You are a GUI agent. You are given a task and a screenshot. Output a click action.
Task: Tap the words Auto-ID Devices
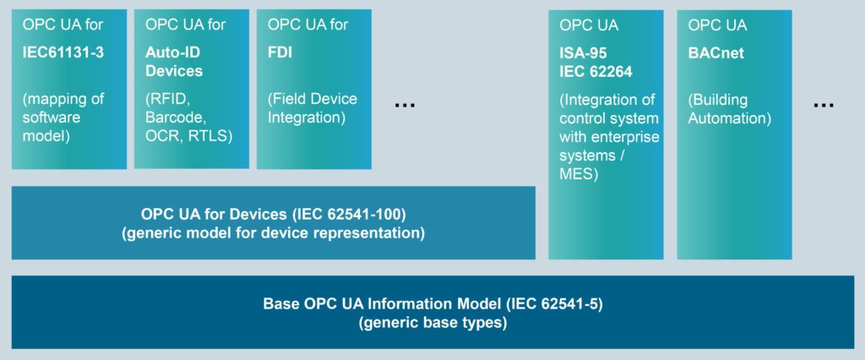(x=174, y=62)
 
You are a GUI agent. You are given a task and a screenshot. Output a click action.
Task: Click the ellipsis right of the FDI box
(x=405, y=104)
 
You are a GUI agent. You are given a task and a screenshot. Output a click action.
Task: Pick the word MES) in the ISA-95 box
(x=579, y=175)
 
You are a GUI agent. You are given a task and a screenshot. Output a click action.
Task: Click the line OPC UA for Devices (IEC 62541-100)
(x=273, y=214)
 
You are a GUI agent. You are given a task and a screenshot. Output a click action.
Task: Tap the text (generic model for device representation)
(x=273, y=232)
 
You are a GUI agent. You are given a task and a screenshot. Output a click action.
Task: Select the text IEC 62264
(x=595, y=71)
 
